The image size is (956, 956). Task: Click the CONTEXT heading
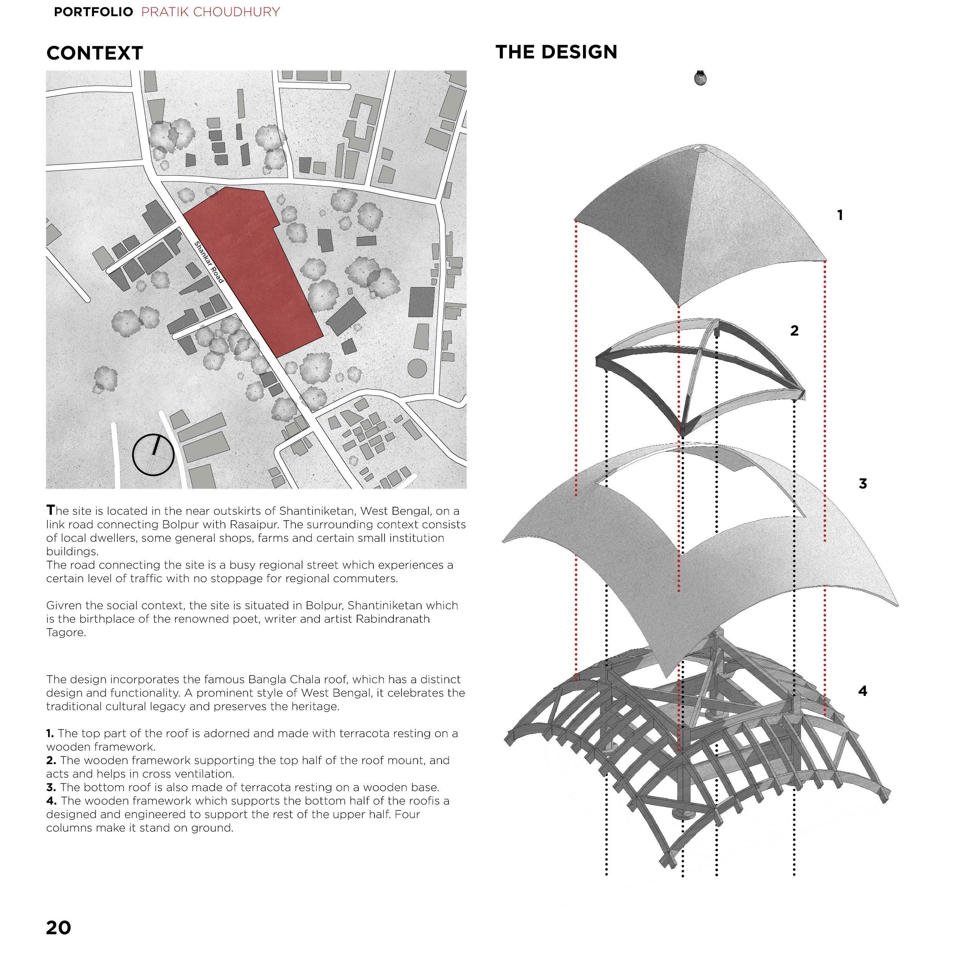click(94, 53)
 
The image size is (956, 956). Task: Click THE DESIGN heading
click(556, 52)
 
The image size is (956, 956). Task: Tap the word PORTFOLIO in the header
click(93, 12)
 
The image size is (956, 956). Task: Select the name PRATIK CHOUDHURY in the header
click(210, 12)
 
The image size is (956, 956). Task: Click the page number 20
click(59, 927)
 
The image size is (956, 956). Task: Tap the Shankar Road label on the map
click(209, 262)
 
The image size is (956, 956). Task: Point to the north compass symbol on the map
click(153, 455)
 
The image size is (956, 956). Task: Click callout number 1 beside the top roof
click(840, 215)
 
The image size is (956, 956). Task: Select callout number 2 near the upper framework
click(794, 331)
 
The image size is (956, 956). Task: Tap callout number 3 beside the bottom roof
click(862, 484)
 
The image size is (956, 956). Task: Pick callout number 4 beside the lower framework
click(862, 691)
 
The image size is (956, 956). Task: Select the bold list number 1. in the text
click(50, 733)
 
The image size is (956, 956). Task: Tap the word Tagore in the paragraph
click(66, 632)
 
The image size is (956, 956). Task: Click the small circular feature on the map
click(417, 368)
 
